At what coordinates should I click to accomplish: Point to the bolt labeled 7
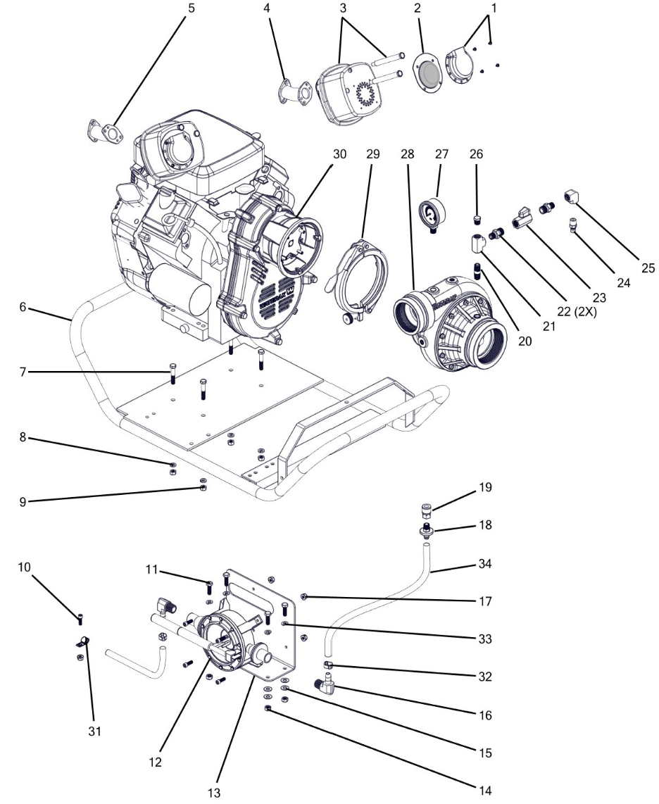(x=172, y=374)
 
